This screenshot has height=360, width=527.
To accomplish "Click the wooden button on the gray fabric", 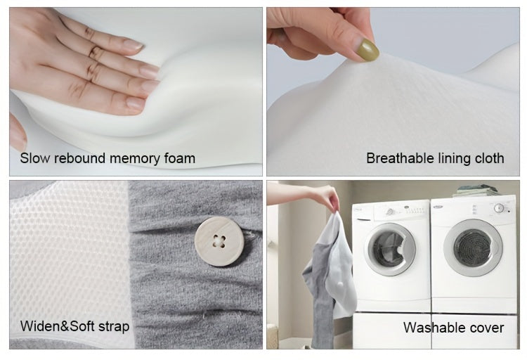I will pyautogui.click(x=216, y=241).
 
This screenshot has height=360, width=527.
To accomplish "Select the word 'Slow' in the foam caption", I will pyautogui.click(x=35, y=158).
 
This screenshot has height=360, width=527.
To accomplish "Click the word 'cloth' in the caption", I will pyautogui.click(x=487, y=158).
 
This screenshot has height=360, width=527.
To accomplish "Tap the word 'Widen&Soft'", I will pyautogui.click(x=56, y=326).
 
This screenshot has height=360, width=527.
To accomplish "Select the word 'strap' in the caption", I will pyautogui.click(x=111, y=327).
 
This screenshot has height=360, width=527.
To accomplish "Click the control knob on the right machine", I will pyautogui.click(x=499, y=208).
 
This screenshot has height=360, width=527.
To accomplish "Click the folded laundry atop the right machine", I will pyautogui.click(x=475, y=191).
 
